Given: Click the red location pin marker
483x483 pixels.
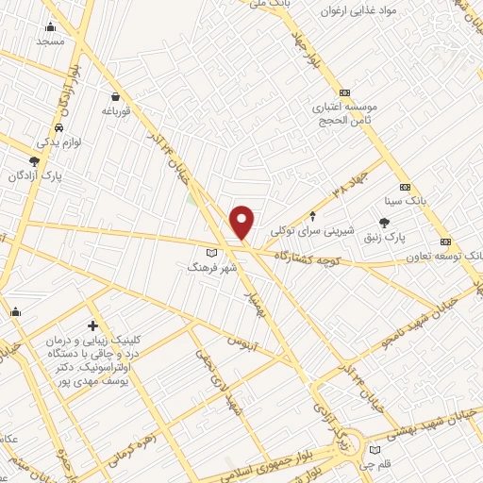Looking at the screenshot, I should [x=242, y=223].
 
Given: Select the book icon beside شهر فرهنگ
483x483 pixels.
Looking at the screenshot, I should [x=212, y=253].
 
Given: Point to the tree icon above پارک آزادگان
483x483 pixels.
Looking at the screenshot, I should [x=34, y=161].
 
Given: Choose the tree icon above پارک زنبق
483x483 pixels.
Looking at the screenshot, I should [x=383, y=220].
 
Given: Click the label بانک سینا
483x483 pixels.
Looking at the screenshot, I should [x=405, y=201].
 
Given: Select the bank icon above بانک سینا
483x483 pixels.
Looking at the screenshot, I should [x=405, y=186].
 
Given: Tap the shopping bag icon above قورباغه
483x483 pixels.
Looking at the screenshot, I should [x=115, y=96].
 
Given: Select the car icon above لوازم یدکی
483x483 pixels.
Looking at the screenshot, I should [x=59, y=127].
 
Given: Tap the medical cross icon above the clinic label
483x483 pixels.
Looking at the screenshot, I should [x=92, y=325].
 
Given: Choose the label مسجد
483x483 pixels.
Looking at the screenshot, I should [x=49, y=42].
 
